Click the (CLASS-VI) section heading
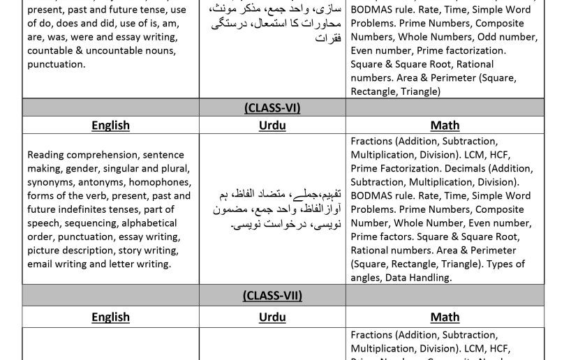272,108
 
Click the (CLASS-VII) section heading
272,296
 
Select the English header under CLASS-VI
110,126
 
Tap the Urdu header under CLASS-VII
272,317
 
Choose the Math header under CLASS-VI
445,126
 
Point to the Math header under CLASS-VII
445,317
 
